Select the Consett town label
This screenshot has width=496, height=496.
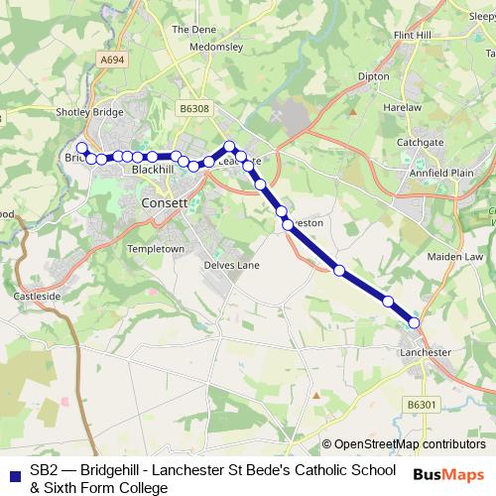(x=165, y=202)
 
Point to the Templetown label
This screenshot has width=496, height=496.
(x=157, y=248)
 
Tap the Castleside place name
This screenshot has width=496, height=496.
(x=38, y=297)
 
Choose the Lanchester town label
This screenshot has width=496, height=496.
(x=425, y=352)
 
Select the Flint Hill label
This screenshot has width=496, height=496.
(x=414, y=35)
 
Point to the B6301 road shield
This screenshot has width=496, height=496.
(x=422, y=404)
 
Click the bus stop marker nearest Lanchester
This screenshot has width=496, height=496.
(x=414, y=322)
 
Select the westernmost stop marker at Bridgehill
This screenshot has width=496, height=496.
(x=81, y=148)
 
